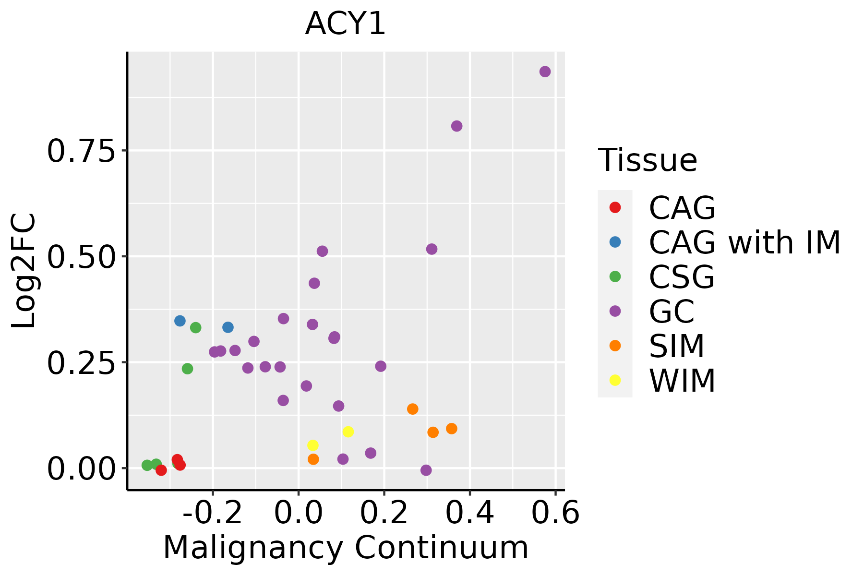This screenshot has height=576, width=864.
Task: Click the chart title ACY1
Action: point(345,24)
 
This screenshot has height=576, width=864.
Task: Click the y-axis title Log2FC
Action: point(24,271)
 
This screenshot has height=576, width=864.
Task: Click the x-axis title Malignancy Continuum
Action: point(346,548)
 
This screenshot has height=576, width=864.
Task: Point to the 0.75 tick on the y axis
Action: point(82,151)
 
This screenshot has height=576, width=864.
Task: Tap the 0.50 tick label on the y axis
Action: point(82,257)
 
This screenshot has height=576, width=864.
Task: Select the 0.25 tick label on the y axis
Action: point(82,362)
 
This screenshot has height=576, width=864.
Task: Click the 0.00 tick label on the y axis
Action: point(82,468)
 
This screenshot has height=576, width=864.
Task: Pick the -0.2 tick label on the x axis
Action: point(213,513)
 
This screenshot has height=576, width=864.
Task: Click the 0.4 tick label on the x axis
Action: point(470,513)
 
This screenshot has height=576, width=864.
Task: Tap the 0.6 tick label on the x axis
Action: point(555,513)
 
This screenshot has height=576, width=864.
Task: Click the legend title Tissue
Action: point(648,160)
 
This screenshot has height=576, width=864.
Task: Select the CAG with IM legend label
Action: point(744,242)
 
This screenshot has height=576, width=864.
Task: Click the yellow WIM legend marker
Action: point(615,380)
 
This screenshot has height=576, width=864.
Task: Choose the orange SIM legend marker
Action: point(615,346)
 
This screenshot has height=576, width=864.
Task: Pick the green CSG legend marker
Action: point(615,276)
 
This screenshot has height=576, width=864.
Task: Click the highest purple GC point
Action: point(545,72)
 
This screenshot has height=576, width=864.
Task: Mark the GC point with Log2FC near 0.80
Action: point(456,126)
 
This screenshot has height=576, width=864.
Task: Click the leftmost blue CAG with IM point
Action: point(180,321)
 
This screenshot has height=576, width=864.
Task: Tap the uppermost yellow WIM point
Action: point(348,432)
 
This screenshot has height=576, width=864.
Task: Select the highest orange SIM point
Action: point(412,409)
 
